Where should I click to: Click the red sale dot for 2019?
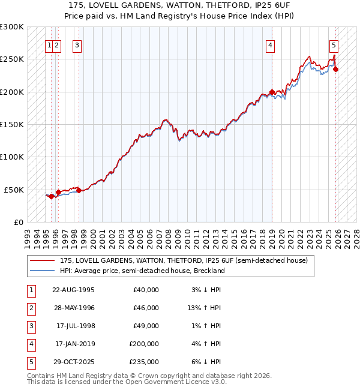point(272,92)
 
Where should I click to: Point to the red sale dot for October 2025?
point(336,70)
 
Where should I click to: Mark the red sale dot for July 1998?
point(79,190)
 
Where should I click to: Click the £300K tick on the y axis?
point(12,27)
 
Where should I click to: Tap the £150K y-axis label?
point(12,124)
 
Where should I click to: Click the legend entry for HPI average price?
point(142,271)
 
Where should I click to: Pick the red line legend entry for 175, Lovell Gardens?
point(183,260)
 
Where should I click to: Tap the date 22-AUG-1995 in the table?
point(74,290)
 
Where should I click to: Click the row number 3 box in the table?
point(31,326)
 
